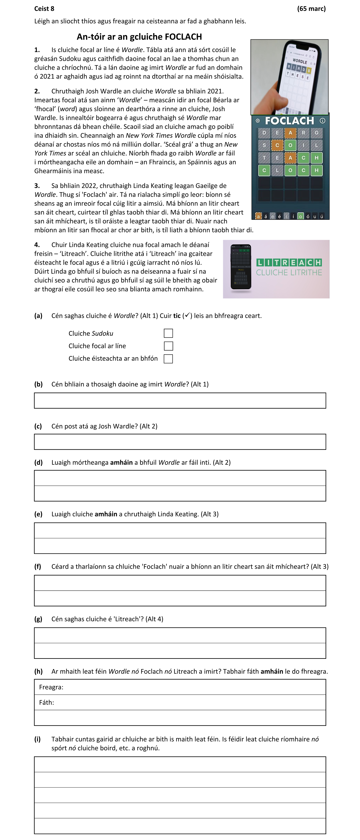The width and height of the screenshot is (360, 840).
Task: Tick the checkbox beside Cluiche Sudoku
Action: click(168, 333)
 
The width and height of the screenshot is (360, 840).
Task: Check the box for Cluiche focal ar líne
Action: click(168, 346)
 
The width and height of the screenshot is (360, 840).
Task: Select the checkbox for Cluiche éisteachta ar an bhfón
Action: click(168, 359)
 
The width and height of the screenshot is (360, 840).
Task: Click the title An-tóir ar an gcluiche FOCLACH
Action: click(139, 36)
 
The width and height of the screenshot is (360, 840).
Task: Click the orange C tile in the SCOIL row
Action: click(277, 145)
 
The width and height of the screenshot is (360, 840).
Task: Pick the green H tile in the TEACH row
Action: click(316, 158)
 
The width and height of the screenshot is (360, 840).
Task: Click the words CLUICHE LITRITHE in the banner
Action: click(289, 273)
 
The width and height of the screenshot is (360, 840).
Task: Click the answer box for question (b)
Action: click(180, 400)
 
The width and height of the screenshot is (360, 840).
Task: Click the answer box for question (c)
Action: click(180, 442)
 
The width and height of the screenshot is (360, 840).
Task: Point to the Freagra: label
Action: click(51, 687)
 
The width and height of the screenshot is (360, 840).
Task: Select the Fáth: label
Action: click(47, 702)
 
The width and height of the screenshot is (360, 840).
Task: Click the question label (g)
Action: click(38, 619)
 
